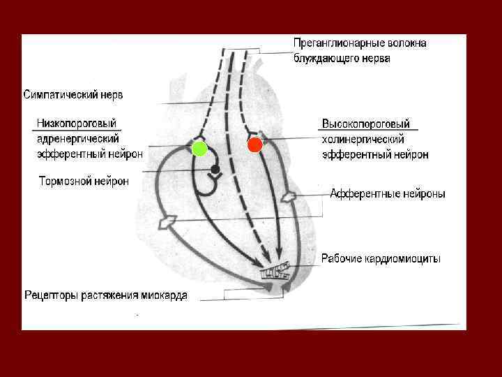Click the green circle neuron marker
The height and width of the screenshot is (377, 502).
coord(199,148)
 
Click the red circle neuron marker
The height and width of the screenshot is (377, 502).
coord(254,145)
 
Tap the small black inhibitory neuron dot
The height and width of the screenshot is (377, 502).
coord(215,170)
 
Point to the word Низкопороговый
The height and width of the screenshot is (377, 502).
coord(77,123)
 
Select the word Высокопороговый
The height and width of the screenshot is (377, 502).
coord(366,124)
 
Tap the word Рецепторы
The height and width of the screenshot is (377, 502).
coord(54,295)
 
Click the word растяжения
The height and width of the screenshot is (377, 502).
coord(114,295)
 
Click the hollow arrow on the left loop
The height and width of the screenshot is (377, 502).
coord(166,222)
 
